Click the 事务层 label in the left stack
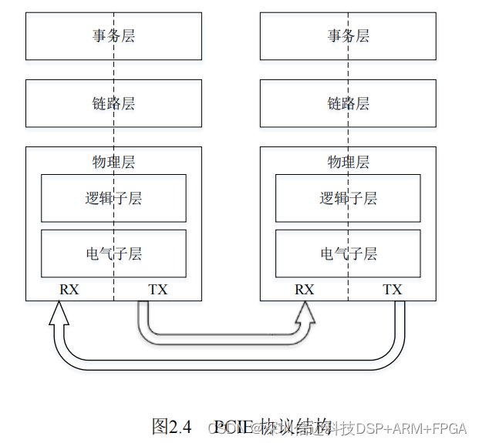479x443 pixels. click(x=113, y=36)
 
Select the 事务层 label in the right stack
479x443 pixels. click(x=349, y=36)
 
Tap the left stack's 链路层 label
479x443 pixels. click(x=113, y=103)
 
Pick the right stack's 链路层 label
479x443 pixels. click(x=349, y=103)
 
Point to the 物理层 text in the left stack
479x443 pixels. click(x=113, y=162)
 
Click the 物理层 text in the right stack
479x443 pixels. click(x=349, y=162)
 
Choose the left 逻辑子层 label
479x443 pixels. click(x=113, y=198)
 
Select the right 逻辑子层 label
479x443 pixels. click(x=349, y=198)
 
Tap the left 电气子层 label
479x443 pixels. click(x=113, y=253)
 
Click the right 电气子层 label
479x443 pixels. click(x=349, y=253)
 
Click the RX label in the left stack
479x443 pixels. click(x=69, y=290)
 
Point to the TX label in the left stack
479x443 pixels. click(x=157, y=290)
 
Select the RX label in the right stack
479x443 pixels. click(x=305, y=290)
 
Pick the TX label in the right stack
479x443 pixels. click(x=393, y=290)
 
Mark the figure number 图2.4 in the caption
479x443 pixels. click(x=171, y=425)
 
